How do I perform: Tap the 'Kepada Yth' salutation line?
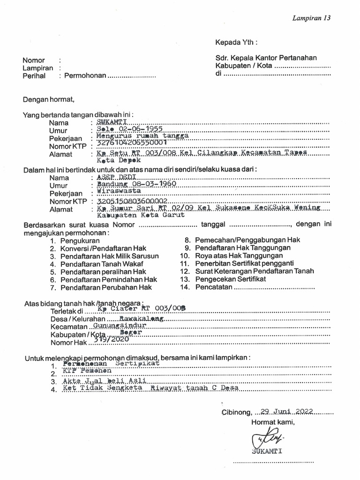[x=236, y=42]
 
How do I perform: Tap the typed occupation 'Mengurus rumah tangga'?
[x=142, y=136]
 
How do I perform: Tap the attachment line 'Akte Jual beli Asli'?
[x=105, y=381]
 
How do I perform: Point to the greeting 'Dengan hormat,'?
[x=49, y=99]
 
